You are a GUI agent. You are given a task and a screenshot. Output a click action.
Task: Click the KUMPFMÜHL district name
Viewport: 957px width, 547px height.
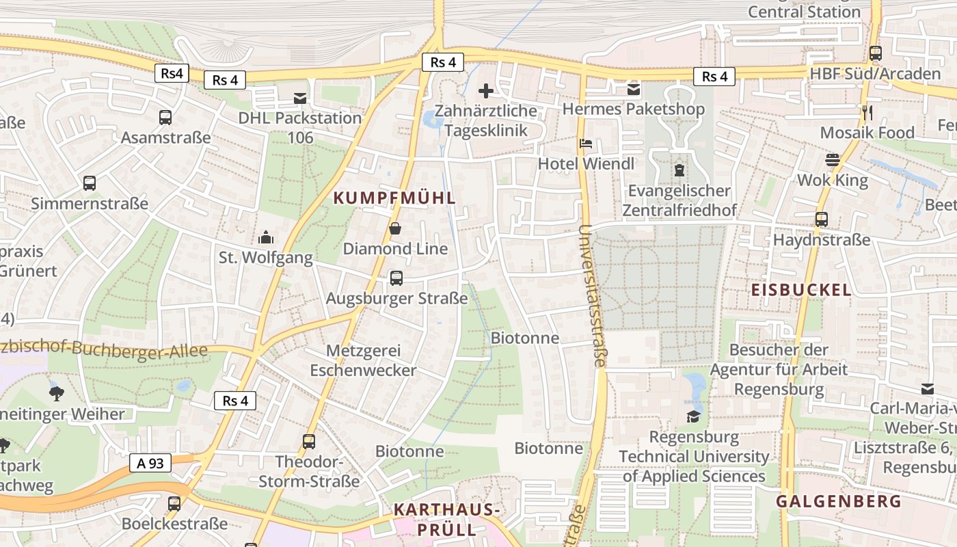click(x=394, y=198)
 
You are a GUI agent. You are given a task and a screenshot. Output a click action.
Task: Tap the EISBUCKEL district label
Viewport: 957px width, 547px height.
click(x=801, y=290)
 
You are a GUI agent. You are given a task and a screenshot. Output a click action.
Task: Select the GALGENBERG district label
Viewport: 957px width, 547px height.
click(x=838, y=501)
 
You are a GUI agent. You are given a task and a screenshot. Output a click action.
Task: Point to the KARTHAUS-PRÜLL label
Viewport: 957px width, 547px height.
click(x=446, y=520)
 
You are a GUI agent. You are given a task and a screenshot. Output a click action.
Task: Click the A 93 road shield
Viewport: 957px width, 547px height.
click(x=150, y=463)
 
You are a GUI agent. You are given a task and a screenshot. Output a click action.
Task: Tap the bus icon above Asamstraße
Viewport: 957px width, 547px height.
click(x=165, y=118)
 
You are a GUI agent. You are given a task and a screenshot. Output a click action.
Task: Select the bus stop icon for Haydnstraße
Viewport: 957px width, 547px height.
click(x=822, y=220)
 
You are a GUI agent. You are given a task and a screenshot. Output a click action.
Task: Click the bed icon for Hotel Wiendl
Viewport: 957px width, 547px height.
click(x=586, y=144)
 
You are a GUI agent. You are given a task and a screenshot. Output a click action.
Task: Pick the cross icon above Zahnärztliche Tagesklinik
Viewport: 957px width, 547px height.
click(x=485, y=90)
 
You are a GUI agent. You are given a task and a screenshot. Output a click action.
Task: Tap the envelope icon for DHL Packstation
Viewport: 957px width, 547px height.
click(x=299, y=98)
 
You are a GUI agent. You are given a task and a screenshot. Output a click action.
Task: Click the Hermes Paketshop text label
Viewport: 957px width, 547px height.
click(x=633, y=109)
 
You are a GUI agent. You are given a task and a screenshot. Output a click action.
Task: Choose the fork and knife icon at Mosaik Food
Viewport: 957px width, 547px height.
click(x=867, y=113)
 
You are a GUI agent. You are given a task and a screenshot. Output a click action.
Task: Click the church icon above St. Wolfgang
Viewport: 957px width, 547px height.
click(x=265, y=238)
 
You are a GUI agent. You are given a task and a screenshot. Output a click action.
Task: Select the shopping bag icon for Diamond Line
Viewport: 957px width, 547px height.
click(x=395, y=229)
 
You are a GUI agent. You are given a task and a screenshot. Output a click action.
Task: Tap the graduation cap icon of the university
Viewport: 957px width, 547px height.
click(x=694, y=417)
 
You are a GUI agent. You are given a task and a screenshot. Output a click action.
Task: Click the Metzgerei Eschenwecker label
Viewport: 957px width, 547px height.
click(x=363, y=360)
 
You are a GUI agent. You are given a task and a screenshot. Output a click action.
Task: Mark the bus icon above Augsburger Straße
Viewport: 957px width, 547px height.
click(x=396, y=278)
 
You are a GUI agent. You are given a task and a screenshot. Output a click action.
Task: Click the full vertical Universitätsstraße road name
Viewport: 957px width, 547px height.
click(x=592, y=295)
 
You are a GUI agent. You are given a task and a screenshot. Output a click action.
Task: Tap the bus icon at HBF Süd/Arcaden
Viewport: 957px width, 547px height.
click(x=876, y=53)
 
